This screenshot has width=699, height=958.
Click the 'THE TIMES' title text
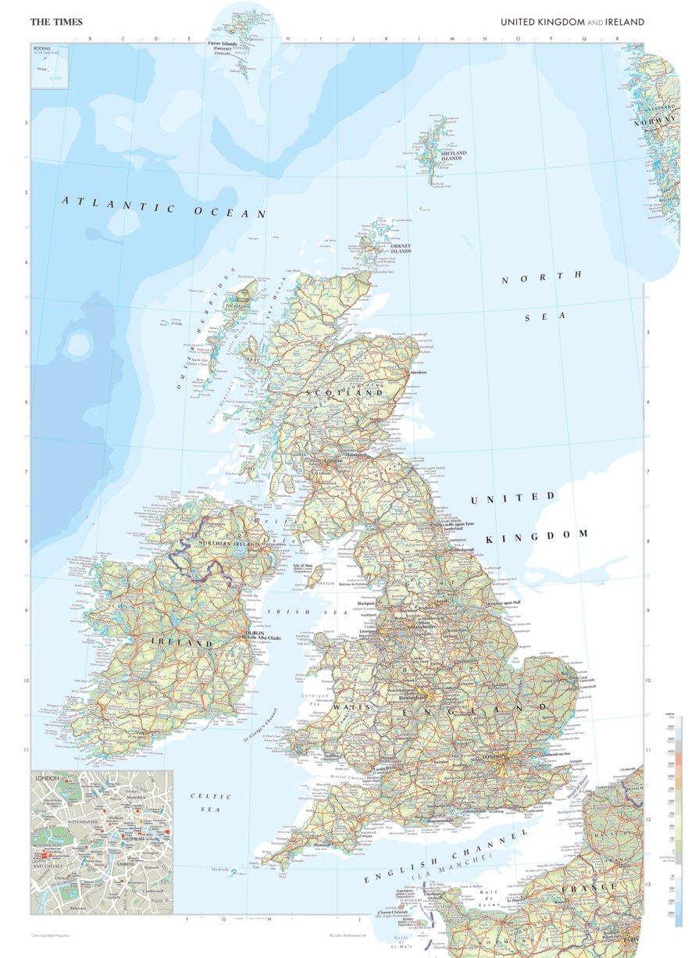click(56, 22)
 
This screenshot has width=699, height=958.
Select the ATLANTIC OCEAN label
click(164, 207)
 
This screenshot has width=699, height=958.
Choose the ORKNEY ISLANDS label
click(401, 248)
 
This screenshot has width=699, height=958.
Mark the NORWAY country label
click(654, 120)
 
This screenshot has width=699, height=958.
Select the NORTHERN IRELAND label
click(230, 542)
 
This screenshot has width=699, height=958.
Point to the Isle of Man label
click(304, 565)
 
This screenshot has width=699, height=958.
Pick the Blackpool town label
click(367, 604)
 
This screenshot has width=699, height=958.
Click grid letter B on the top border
click(91, 38)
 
